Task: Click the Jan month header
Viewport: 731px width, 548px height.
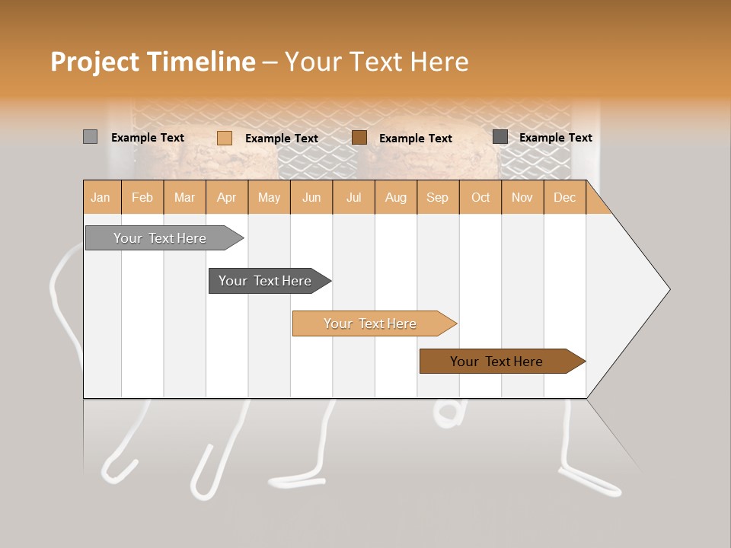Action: click(101, 197)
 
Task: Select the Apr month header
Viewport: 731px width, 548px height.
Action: click(226, 197)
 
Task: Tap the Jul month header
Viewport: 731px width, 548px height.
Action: click(353, 197)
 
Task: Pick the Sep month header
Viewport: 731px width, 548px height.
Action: click(437, 197)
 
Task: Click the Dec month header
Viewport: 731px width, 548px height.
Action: click(564, 197)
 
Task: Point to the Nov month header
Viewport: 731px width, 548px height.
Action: click(522, 197)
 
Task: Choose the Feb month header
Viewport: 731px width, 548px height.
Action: click(142, 197)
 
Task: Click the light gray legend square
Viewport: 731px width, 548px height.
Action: click(90, 137)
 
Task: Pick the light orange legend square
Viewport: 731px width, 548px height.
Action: click(225, 138)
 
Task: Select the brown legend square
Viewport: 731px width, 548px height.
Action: click(359, 138)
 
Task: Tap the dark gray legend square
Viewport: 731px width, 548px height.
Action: click(500, 137)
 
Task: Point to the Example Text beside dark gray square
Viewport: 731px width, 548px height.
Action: click(555, 137)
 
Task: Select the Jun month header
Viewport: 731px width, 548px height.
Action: click(311, 197)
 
